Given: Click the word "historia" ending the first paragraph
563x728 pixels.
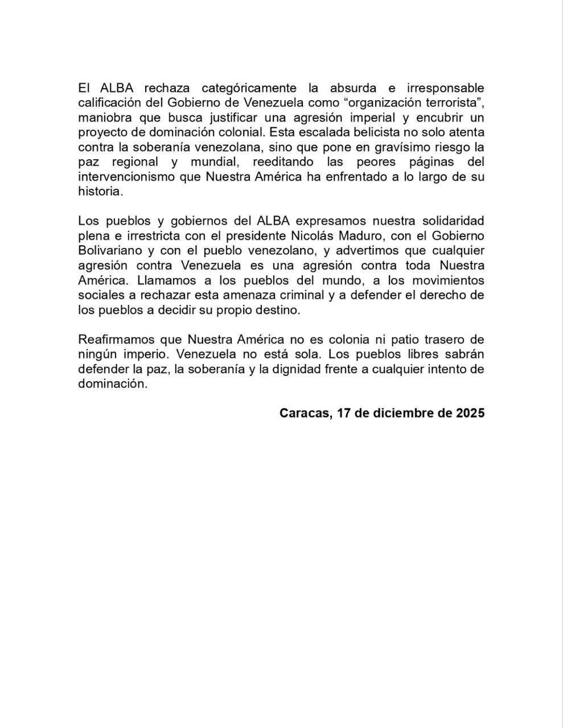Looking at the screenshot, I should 100,192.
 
